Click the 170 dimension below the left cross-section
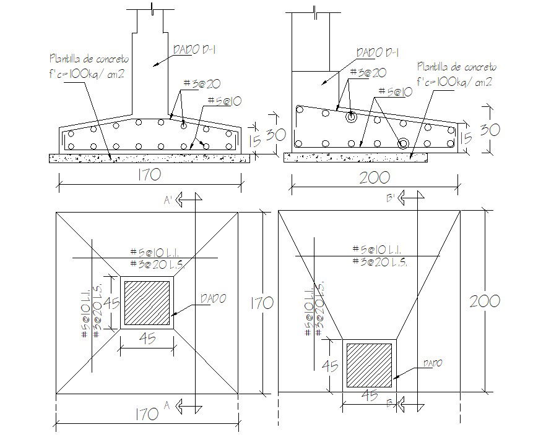click(x=150, y=175)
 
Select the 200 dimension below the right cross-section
click(x=375, y=177)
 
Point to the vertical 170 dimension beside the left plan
click(x=261, y=303)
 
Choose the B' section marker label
click(x=391, y=198)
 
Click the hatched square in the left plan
click(x=147, y=303)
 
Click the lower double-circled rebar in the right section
click(x=403, y=143)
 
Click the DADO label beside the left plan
click(x=213, y=298)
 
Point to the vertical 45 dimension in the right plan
click(x=331, y=366)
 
